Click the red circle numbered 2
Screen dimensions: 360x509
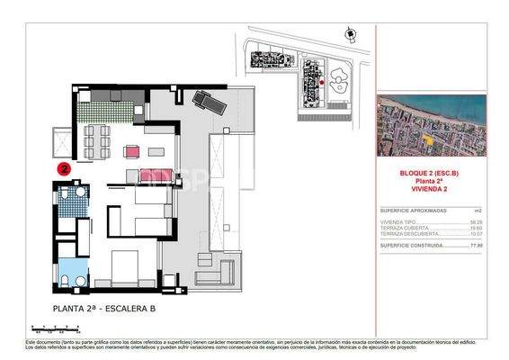[x=65, y=167]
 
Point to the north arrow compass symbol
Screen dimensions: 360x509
[x=350, y=34]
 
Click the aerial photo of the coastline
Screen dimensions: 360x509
[x=432, y=125]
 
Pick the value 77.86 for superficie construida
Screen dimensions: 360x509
[x=478, y=245]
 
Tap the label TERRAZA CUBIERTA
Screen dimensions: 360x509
[x=402, y=228]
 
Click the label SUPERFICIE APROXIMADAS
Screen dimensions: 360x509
[x=410, y=211]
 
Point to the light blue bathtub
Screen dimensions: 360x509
[x=69, y=270]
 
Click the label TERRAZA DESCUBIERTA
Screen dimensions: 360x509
[x=406, y=234]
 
